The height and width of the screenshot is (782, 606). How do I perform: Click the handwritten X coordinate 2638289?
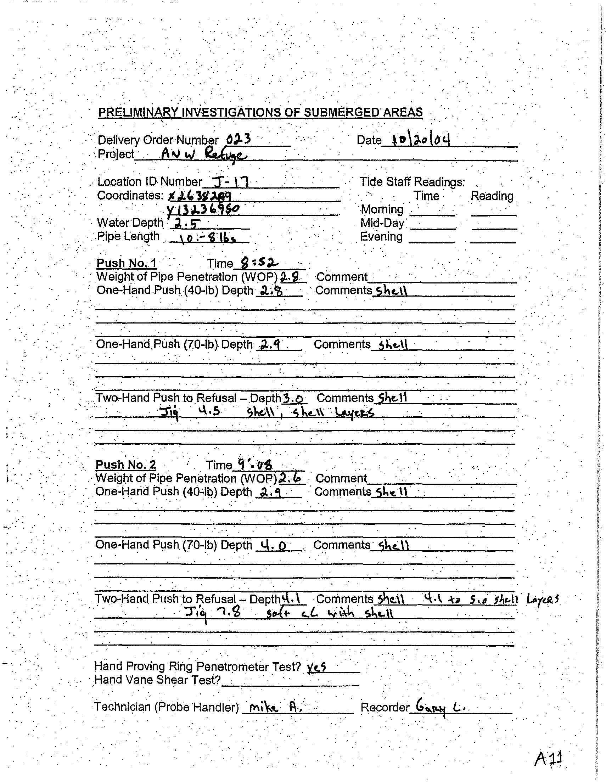pos(199,196)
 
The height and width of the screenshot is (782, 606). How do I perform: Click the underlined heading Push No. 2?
pos(126,465)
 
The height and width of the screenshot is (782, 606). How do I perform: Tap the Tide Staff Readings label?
pos(412,182)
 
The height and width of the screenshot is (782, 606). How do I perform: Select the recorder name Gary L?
pos(440,707)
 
